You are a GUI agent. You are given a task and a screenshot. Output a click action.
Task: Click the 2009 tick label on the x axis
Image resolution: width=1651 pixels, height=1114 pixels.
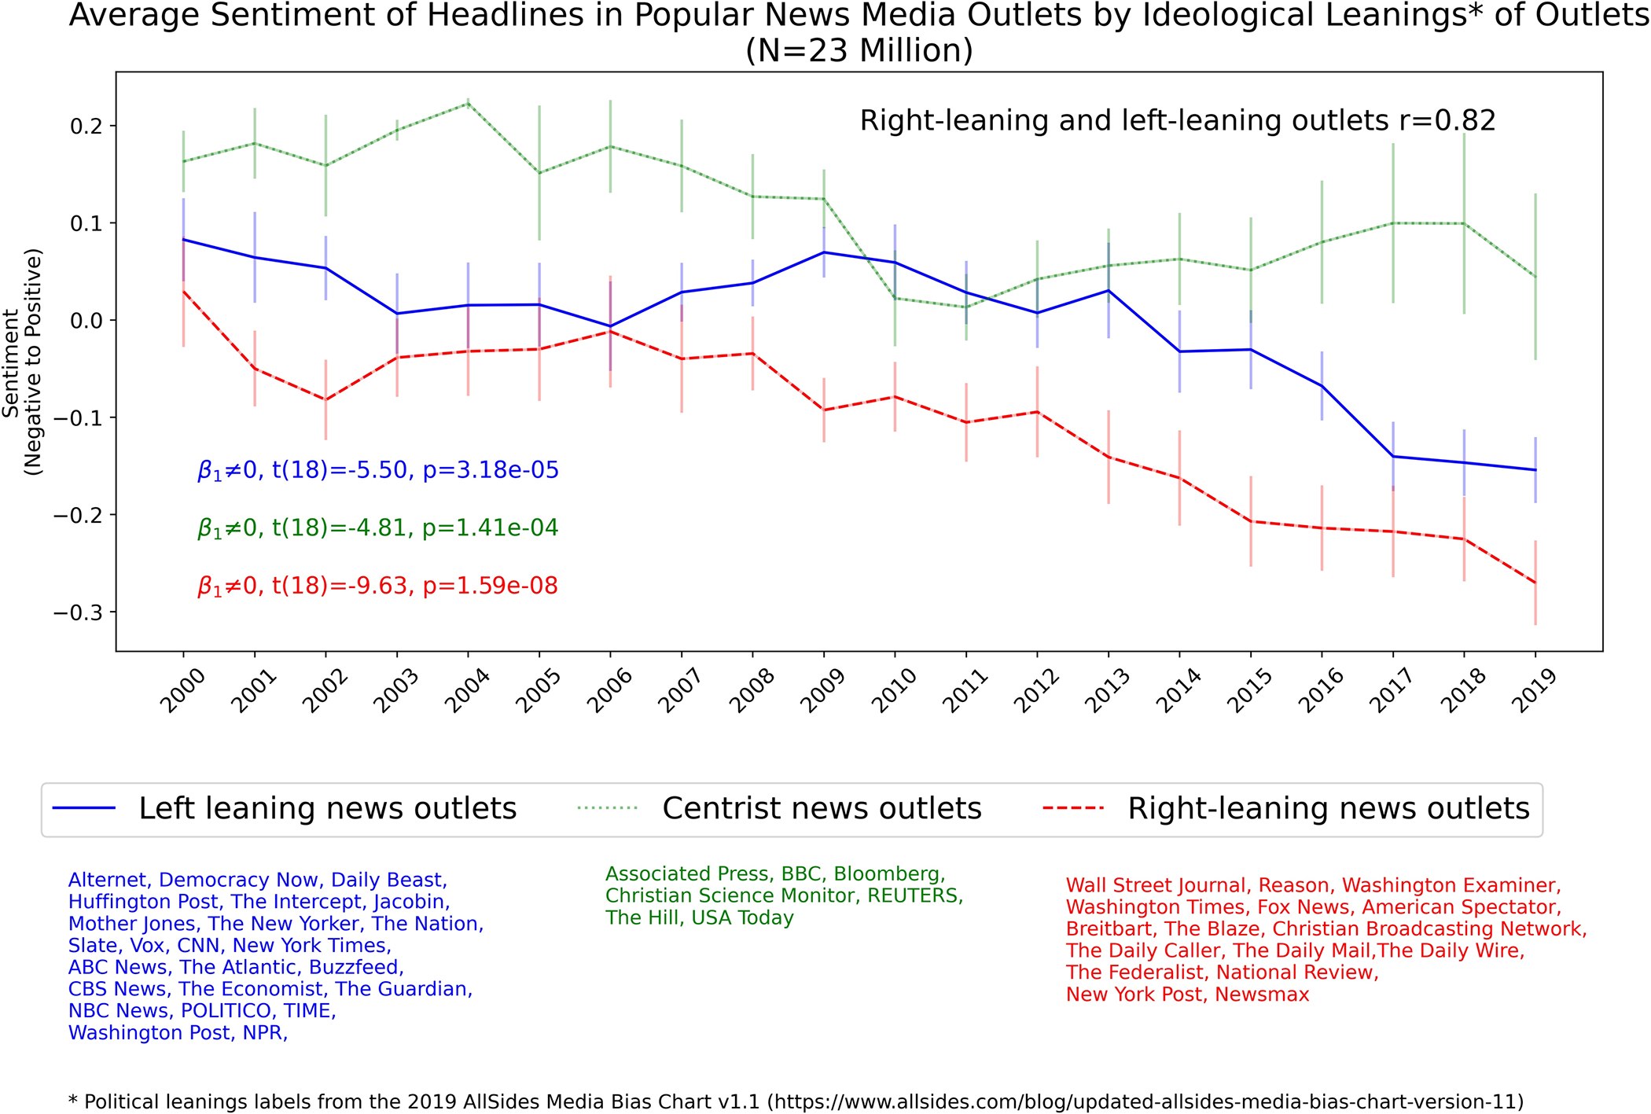click(822, 690)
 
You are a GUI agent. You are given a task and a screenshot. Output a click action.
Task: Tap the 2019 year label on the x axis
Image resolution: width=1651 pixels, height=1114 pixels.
click(1533, 690)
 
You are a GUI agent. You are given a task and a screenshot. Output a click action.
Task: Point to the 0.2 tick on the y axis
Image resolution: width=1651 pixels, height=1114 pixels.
click(87, 126)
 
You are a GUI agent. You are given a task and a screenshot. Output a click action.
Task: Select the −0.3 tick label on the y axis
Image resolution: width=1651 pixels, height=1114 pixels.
click(79, 612)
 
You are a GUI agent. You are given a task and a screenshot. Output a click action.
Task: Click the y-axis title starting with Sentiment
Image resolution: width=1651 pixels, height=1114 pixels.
click(22, 362)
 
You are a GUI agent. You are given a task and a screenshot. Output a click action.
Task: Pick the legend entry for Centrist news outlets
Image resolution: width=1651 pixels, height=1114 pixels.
click(779, 809)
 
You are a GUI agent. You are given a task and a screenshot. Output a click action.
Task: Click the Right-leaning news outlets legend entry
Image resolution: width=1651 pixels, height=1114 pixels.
click(1286, 809)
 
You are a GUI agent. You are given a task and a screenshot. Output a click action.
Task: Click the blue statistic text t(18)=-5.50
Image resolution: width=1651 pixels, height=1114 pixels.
click(340, 470)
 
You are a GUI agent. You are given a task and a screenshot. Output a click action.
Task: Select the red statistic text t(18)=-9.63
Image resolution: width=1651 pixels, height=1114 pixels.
click(340, 586)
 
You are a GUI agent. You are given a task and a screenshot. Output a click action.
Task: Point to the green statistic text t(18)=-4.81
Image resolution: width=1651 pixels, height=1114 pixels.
click(340, 528)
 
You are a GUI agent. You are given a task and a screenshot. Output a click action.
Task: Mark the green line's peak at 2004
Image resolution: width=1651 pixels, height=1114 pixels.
click(469, 104)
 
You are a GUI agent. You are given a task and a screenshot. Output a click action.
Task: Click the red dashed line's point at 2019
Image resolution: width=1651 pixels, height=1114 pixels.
click(1535, 583)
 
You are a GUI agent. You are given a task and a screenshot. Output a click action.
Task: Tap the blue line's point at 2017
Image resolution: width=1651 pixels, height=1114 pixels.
click(1393, 457)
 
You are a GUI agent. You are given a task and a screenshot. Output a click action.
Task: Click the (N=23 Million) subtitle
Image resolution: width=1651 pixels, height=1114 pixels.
click(859, 50)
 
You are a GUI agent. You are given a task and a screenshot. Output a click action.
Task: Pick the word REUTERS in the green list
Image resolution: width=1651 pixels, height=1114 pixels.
click(915, 896)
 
